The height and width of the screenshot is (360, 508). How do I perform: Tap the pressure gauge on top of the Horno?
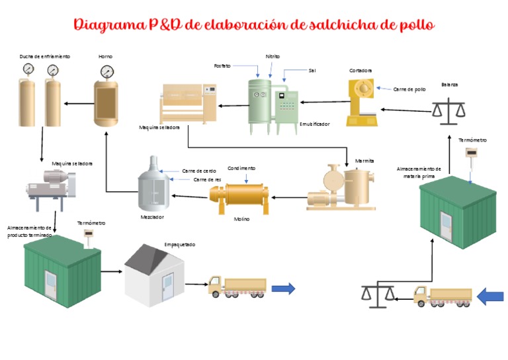pos(106,71)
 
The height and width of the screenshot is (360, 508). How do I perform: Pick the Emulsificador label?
pos(314,124)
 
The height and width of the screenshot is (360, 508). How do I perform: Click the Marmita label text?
pos(364,160)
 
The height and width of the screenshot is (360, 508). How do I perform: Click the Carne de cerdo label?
pos(199,171)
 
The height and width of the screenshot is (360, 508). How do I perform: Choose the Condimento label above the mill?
pos(241,168)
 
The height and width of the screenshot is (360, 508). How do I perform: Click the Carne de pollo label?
pos(409,89)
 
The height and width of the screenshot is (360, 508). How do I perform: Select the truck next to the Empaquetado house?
pos(237,286)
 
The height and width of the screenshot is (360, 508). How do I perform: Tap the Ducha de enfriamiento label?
pos(44,57)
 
